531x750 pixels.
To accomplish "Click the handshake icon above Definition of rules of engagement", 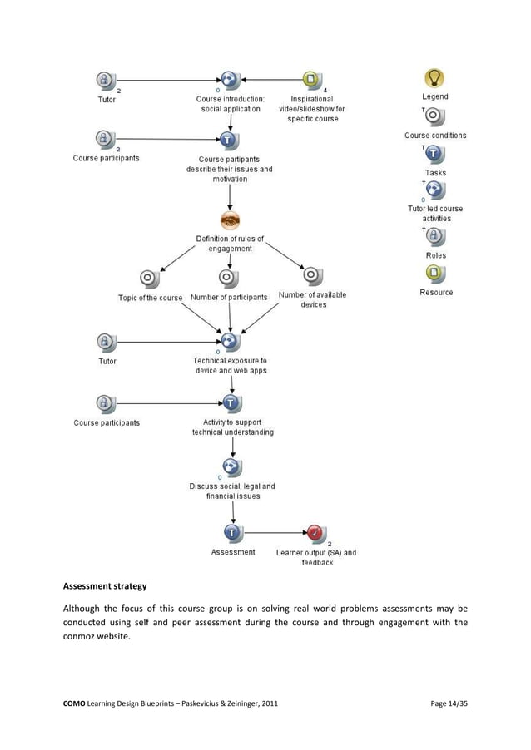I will click(231, 220).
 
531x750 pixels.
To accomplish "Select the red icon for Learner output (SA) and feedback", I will click(315, 532).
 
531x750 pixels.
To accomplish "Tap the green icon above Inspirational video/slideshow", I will click(310, 80).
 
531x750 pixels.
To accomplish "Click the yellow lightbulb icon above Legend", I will click(434, 78).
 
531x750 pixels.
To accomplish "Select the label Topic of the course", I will click(150, 298).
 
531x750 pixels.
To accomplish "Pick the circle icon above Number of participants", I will click(230, 278).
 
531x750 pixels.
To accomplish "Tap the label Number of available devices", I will click(312, 299).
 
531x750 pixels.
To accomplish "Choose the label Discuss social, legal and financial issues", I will click(231, 491).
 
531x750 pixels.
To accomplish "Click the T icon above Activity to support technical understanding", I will click(231, 403).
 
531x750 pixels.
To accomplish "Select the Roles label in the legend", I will click(435, 255).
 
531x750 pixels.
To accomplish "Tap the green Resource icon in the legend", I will click(435, 274).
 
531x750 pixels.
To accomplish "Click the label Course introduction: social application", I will click(231, 104).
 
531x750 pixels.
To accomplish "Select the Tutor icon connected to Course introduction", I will click(105, 80).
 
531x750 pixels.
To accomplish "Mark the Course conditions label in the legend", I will click(435, 136).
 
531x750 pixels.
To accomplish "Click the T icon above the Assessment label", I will click(232, 532).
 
